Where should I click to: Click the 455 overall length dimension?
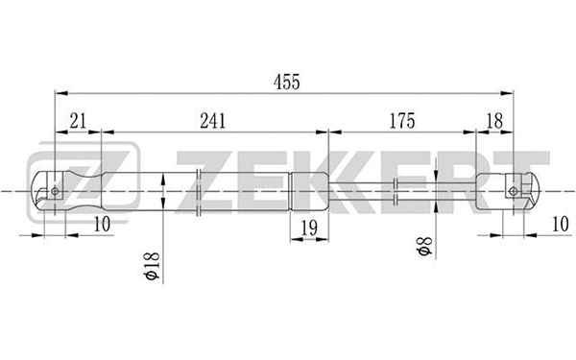click(285, 83)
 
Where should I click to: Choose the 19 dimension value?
click(308, 228)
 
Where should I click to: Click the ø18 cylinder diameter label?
click(150, 266)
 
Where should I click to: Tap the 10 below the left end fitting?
click(103, 224)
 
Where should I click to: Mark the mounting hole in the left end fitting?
click(56, 189)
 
